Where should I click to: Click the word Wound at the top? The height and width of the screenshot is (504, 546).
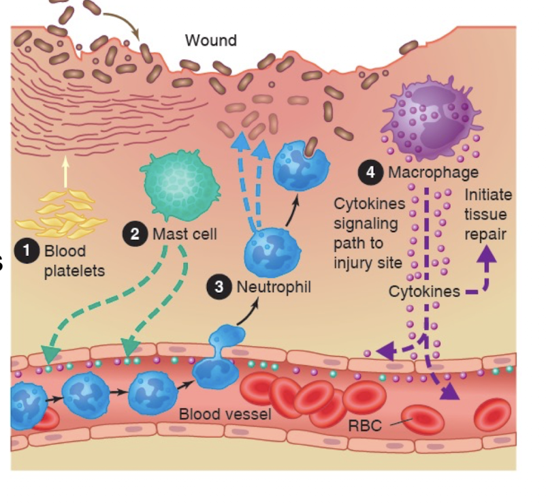[211, 40]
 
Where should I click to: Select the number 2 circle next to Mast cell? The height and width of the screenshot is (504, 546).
[135, 234]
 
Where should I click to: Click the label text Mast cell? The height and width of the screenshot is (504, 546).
[184, 234]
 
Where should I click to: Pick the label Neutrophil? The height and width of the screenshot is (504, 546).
[274, 287]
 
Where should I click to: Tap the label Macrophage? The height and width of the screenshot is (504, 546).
[433, 172]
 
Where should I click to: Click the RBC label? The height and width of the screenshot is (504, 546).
[364, 426]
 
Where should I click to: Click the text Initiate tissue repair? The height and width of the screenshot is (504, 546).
[487, 214]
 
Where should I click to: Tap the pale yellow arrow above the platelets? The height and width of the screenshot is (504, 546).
[65, 171]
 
